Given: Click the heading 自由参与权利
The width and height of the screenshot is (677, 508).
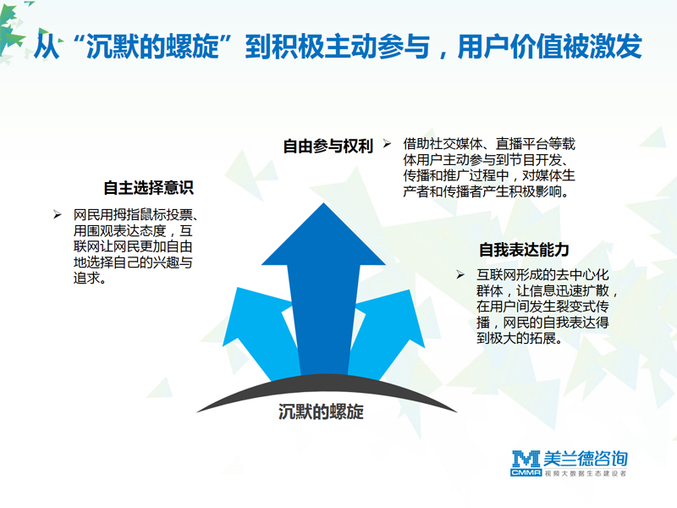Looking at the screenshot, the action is [x=327, y=146].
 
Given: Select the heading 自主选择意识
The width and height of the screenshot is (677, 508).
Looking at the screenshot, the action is [x=149, y=187].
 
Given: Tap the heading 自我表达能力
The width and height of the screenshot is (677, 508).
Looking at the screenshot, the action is [x=524, y=250].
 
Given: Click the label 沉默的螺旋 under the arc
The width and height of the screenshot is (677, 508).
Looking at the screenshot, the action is [x=321, y=411].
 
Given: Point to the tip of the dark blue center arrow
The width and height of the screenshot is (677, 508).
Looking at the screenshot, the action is [x=323, y=203].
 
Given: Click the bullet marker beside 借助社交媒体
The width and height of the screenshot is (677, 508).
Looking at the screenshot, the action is [x=387, y=144].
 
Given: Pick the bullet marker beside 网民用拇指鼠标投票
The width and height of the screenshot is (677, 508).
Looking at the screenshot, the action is [x=57, y=214].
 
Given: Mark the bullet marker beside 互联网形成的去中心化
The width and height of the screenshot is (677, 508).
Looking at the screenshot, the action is [x=460, y=274].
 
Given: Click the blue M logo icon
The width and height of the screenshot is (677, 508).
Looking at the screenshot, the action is [x=526, y=459].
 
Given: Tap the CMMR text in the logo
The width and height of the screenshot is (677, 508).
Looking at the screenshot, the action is [x=526, y=473].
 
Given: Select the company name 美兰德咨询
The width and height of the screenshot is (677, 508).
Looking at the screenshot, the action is [x=586, y=459].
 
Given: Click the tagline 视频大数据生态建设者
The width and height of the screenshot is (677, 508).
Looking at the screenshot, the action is [x=586, y=473].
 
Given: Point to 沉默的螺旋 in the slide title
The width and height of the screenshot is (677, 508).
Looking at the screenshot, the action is [x=153, y=47].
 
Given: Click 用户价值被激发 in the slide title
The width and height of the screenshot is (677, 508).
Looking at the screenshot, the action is [x=549, y=47].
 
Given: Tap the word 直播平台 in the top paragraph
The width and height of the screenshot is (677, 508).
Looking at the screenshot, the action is [x=521, y=144].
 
